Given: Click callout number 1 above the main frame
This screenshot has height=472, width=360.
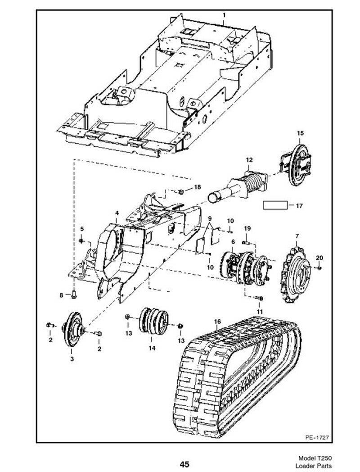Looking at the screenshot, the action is tap(224, 15).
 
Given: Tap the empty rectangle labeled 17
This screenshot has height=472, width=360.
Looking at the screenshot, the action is tap(275, 205).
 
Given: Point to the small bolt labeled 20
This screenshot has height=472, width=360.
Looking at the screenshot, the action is tap(319, 268).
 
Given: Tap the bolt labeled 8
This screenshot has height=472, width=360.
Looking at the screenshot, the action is tap(74, 295).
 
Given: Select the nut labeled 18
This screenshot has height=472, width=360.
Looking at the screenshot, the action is tap(181, 191).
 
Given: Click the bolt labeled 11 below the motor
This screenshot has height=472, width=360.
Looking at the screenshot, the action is tap(259, 298).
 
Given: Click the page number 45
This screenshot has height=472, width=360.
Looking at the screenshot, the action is tap(184, 464).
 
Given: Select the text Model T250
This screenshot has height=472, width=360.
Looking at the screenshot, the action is tap(315, 458).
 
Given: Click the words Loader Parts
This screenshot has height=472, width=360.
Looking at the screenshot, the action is tap(315, 466).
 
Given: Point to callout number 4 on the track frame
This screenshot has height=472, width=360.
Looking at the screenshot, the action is tap(117, 213).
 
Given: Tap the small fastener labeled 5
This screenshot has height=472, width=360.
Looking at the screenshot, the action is tap(81, 241).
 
